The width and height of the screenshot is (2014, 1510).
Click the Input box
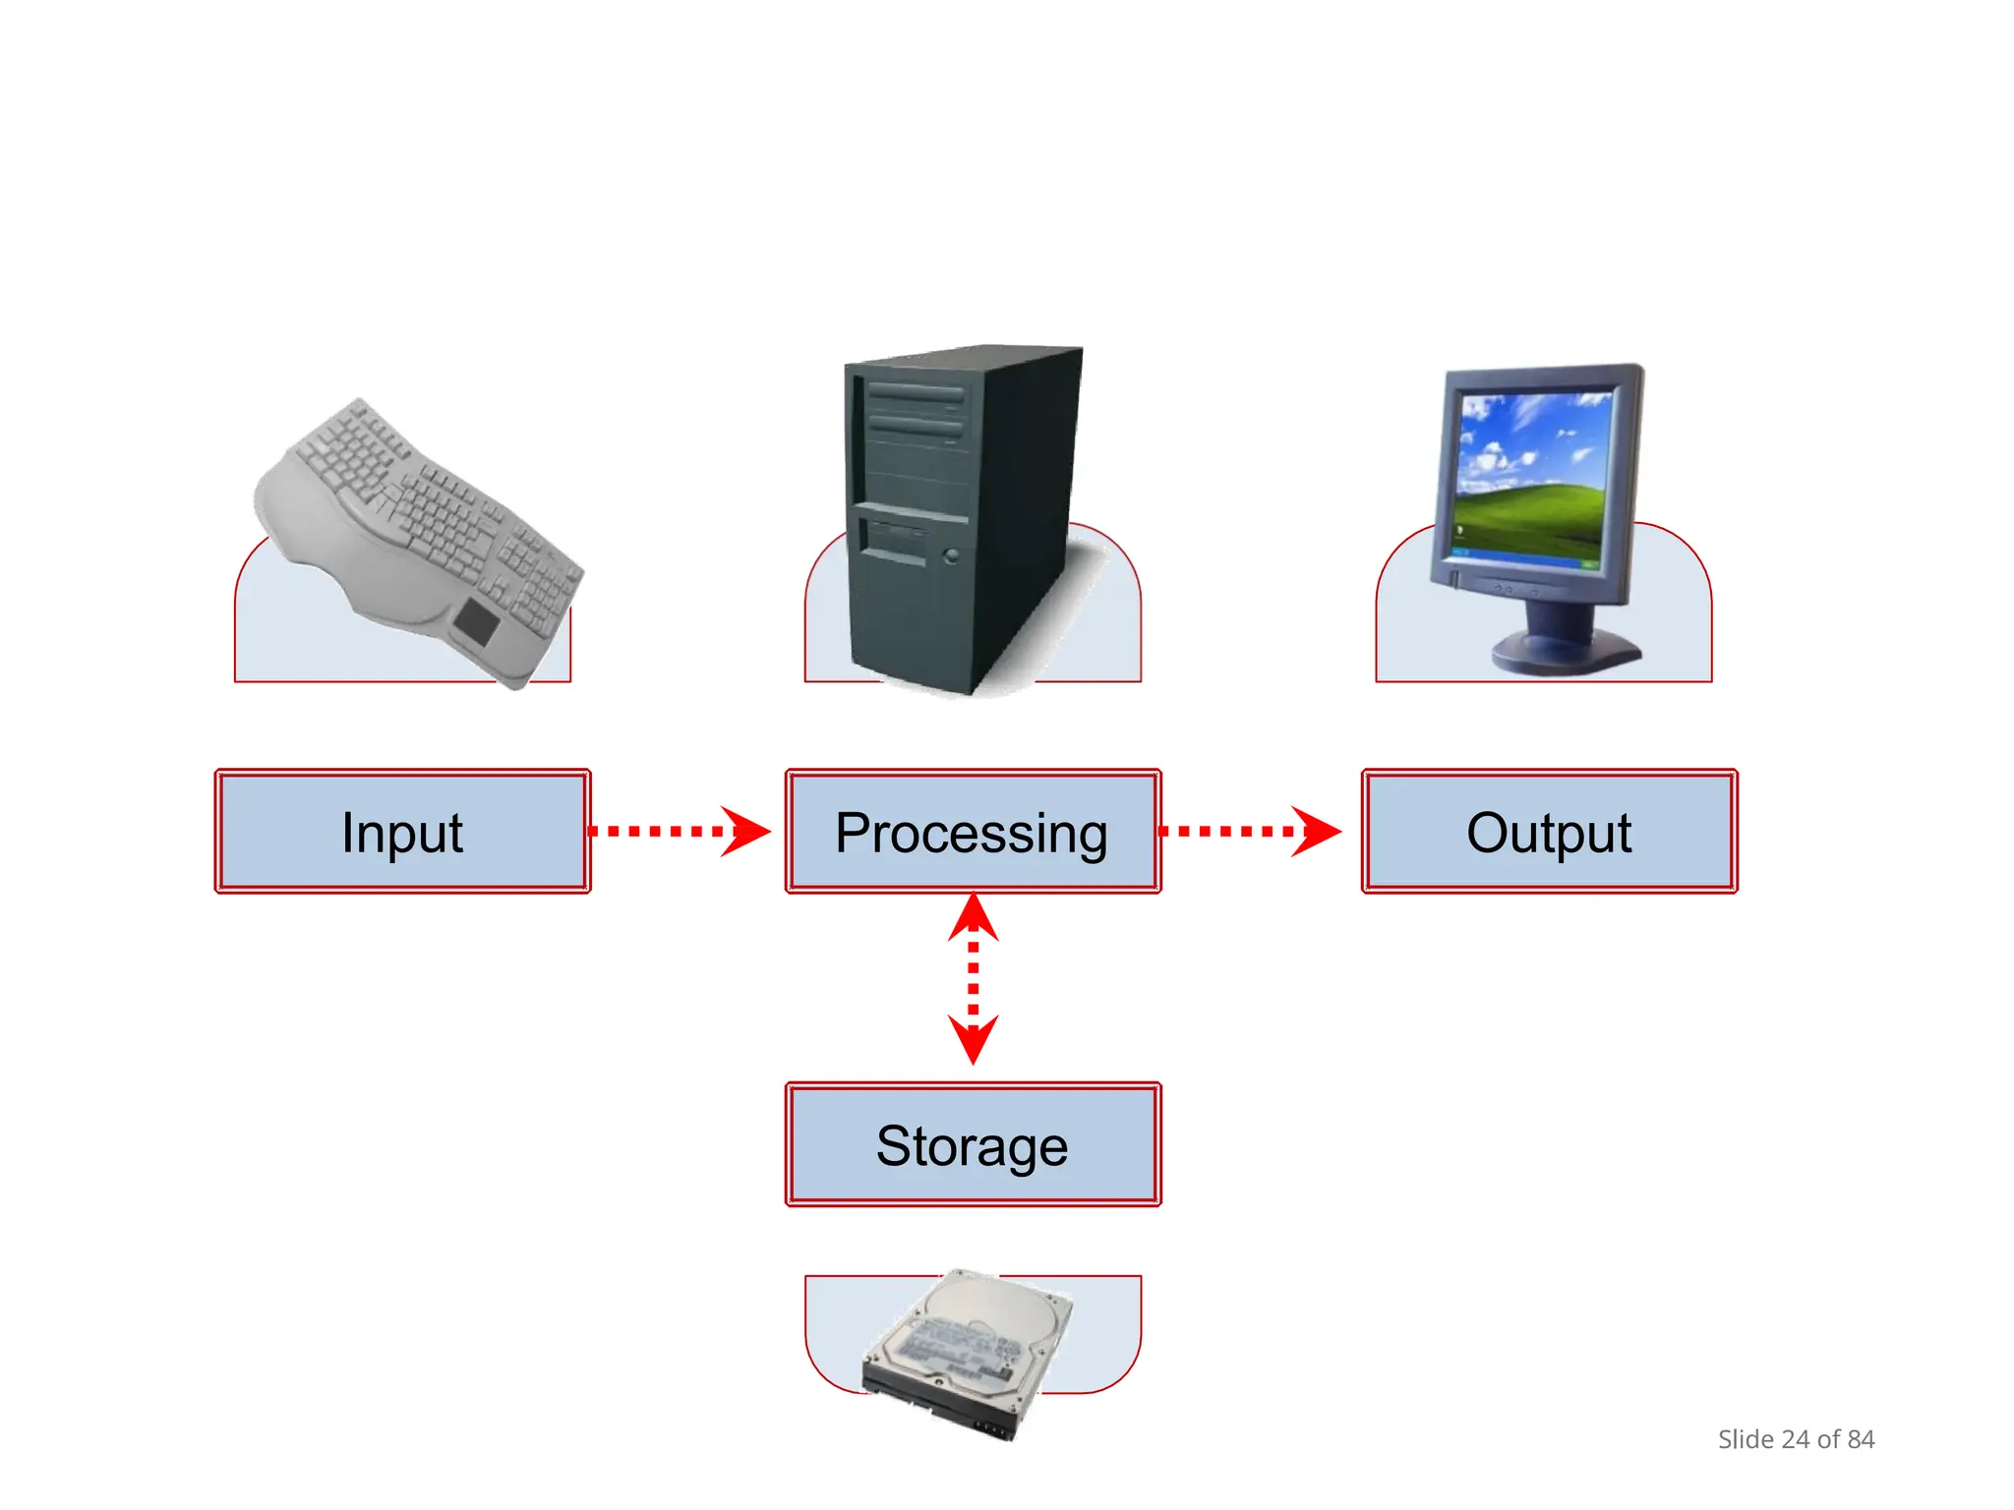[x=402, y=832]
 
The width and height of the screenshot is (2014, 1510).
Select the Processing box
[x=973, y=832]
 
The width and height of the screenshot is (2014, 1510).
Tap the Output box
[x=1549, y=832]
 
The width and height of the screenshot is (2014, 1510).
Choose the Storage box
[x=973, y=1145]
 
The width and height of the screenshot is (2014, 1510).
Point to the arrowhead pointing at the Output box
[x=1317, y=832]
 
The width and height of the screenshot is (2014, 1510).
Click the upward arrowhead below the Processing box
[x=974, y=917]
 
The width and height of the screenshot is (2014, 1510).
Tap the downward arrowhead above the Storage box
[x=974, y=1041]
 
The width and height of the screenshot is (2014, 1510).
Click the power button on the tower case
[x=951, y=556]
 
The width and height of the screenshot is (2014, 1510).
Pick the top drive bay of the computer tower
[x=916, y=393]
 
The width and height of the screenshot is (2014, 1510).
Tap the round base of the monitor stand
[x=1564, y=654]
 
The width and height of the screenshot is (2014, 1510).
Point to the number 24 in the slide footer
[x=1796, y=1439]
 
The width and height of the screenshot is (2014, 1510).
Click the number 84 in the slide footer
[x=1861, y=1439]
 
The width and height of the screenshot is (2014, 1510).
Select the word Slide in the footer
[x=1746, y=1439]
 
